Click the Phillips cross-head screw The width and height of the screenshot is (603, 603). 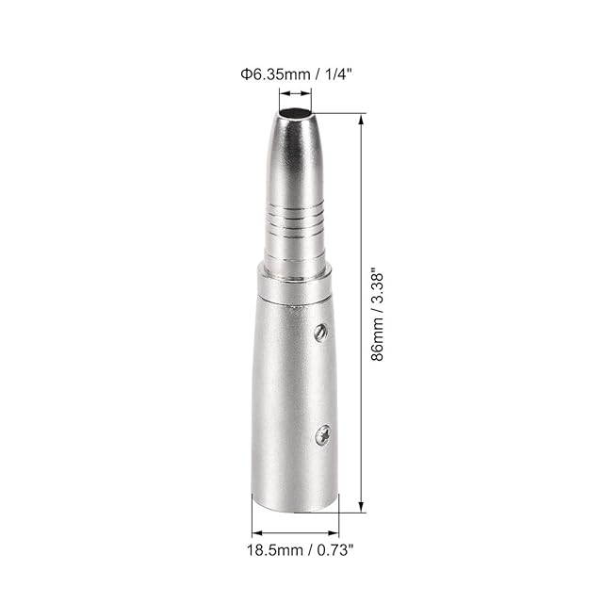pyautogui.click(x=322, y=435)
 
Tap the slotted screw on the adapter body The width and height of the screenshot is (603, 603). pyautogui.click(x=320, y=332)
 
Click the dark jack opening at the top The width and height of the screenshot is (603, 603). pyautogui.click(x=295, y=114)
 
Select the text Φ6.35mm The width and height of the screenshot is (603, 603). pyautogui.click(x=275, y=73)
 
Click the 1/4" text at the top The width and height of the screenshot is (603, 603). pyautogui.click(x=338, y=73)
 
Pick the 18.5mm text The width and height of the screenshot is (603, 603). pyautogui.click(x=275, y=550)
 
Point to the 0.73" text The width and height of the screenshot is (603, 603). pyautogui.click(x=335, y=550)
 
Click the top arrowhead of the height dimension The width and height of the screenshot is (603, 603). pyautogui.click(x=361, y=120)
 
